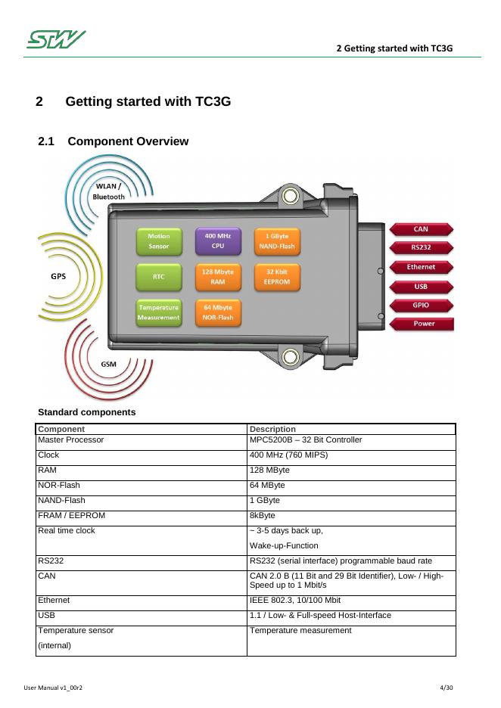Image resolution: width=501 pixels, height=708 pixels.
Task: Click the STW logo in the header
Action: click(56, 39)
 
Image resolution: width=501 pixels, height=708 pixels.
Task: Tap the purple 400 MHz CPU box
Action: click(218, 241)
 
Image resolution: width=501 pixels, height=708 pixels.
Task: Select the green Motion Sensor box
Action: click(159, 241)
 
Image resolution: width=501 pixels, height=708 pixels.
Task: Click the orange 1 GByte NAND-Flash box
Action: click(277, 241)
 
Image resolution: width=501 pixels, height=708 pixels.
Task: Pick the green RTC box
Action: click(159, 277)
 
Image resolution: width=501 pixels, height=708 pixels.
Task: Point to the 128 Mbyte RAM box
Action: click(218, 277)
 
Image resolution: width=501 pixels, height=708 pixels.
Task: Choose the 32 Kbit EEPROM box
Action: click(277, 277)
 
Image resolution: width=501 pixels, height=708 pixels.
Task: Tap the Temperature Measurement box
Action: click(159, 312)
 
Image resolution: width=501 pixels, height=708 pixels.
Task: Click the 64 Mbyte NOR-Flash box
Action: click(218, 312)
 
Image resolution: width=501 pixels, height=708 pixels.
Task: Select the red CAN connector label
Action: click(421, 229)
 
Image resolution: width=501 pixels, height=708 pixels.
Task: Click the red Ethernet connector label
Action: click(421, 267)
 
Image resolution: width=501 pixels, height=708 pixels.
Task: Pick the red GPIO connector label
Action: click(421, 306)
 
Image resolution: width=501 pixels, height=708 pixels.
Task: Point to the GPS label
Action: click(58, 276)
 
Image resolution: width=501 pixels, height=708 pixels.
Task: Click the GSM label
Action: click(109, 364)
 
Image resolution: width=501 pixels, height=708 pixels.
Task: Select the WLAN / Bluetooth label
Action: click(108, 191)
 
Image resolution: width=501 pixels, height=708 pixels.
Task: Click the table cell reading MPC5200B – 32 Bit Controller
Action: click(306, 439)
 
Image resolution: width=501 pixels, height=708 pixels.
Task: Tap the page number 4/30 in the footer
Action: click(446, 688)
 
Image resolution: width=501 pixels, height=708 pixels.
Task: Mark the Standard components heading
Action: click(86, 412)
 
